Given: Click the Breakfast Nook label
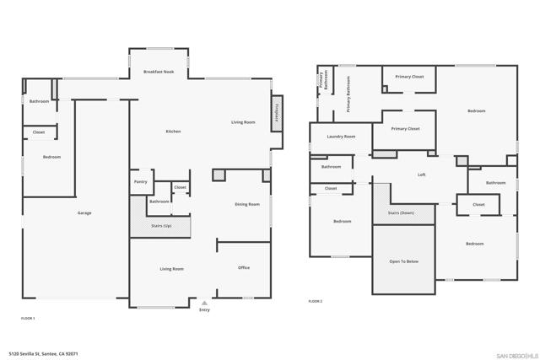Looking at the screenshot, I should pos(159,72).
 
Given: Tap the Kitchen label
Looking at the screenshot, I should pos(173,132).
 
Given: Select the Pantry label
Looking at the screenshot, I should pos(140,182).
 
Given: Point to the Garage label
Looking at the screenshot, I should pos(84,213).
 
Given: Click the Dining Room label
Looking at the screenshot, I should pos(247,204).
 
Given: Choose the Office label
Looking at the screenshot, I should pos(244,268).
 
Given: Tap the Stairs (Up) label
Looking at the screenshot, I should pos(161,226).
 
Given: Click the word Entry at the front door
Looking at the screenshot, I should pos(204,310).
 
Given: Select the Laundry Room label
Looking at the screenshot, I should pos(341,137).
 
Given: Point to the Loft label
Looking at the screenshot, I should pos(421,175).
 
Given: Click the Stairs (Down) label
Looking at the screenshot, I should pos(401,213).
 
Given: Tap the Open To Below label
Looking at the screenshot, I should pos(403,261).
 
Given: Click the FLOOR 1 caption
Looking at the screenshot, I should pos(28,318).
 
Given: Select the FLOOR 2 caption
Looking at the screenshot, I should pos(315,301).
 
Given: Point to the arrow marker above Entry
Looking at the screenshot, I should pos(204,301).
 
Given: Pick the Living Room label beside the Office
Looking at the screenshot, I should pos(172,269).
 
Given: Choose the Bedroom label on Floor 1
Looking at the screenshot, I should pos(52,157).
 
